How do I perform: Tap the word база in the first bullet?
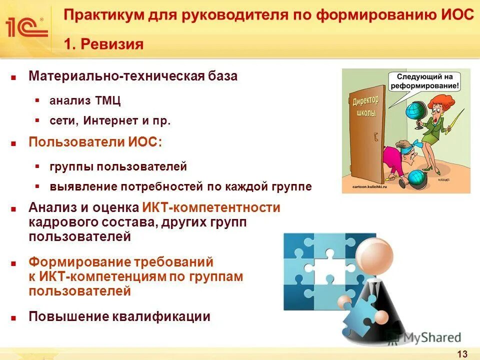pyautogui.click(x=222, y=76)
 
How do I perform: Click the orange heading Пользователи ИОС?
pyautogui.click(x=95, y=141)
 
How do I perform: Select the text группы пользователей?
pyautogui.click(x=118, y=166)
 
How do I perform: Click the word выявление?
pyautogui.click(x=76, y=186)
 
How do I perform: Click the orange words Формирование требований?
pyautogui.click(x=121, y=262)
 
